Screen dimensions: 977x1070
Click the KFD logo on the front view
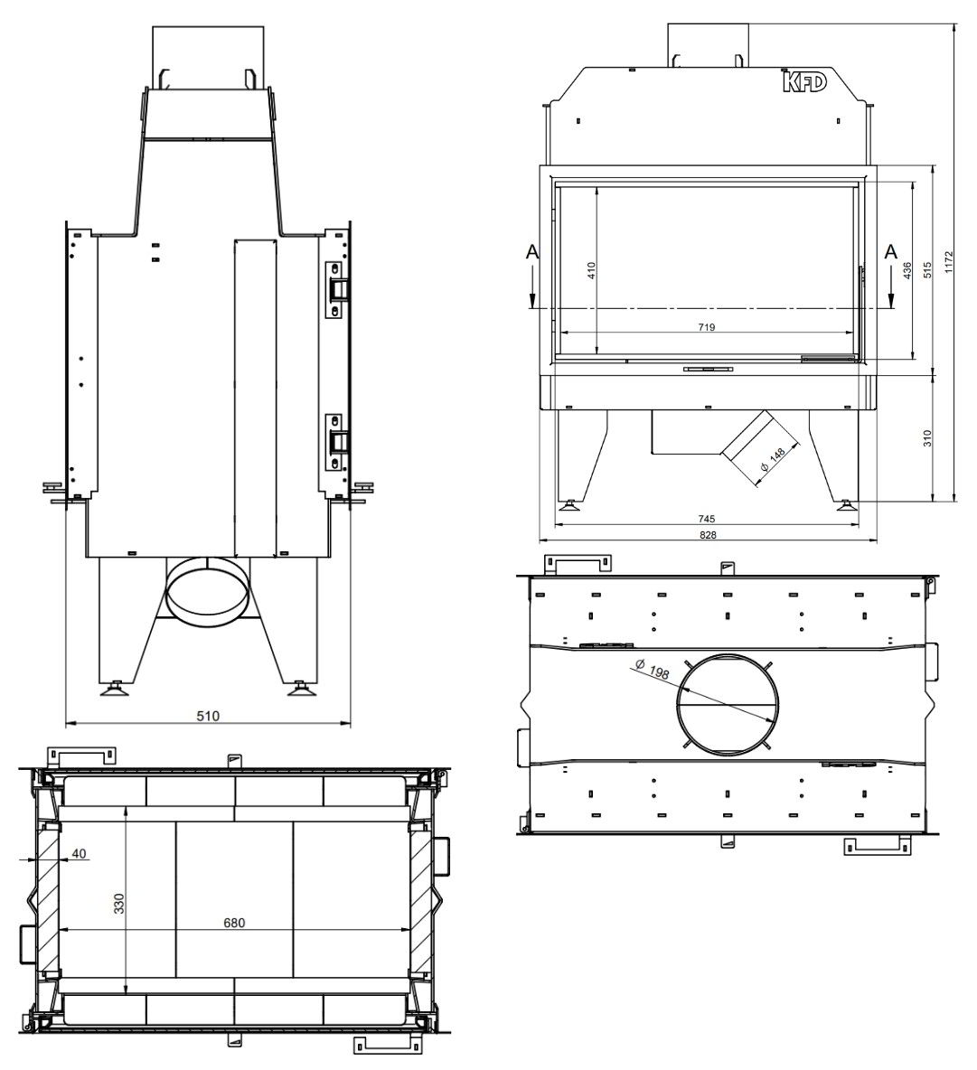(x=803, y=81)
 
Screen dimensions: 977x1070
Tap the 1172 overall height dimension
(x=948, y=262)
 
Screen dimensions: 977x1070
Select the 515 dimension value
(x=927, y=270)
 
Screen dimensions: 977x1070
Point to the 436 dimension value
(x=907, y=271)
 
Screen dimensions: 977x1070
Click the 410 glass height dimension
(x=591, y=271)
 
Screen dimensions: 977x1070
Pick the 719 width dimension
(x=707, y=327)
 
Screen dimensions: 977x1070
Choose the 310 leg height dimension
(x=927, y=438)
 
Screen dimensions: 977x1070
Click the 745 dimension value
(x=707, y=520)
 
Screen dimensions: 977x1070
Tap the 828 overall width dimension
(x=709, y=535)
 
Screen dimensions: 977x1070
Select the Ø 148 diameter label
(x=773, y=458)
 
